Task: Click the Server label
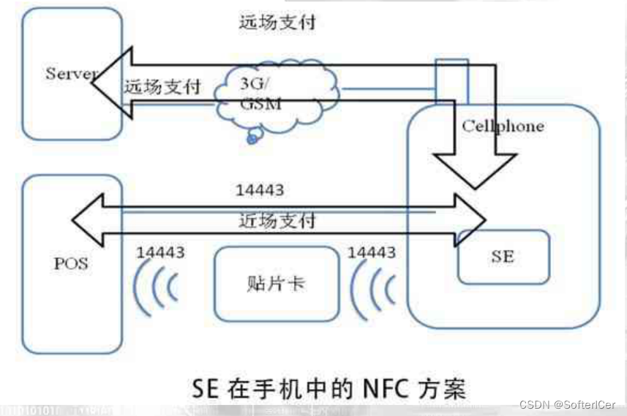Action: click(x=71, y=73)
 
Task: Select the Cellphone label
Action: click(x=503, y=126)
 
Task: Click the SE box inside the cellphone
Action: click(x=503, y=257)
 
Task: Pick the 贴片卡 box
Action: click(x=275, y=284)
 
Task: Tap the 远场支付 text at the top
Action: click(x=277, y=22)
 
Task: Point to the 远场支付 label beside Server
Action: click(x=162, y=86)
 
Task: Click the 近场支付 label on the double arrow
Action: click(x=277, y=220)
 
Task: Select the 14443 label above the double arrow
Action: click(x=259, y=190)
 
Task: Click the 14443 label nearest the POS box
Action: click(x=160, y=253)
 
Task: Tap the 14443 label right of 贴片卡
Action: click(x=372, y=252)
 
